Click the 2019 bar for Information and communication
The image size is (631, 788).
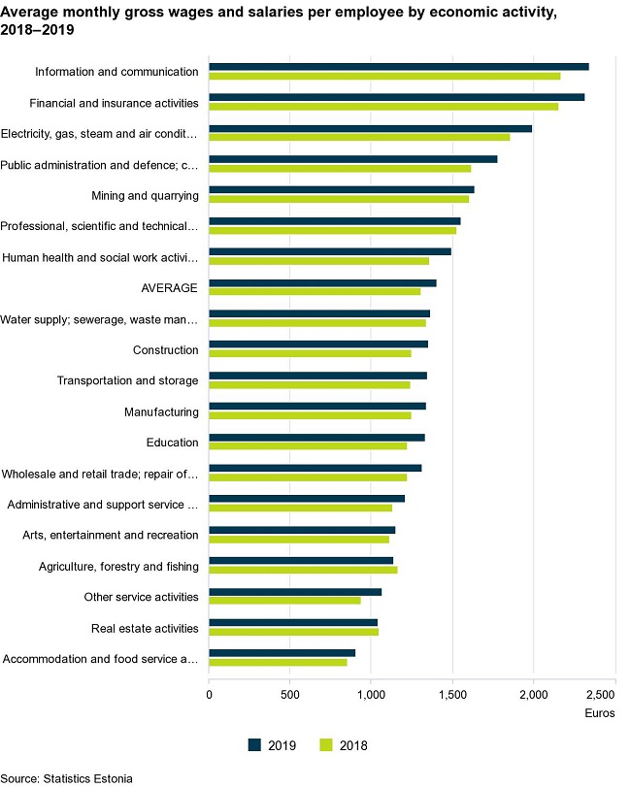pyautogui.click(x=398, y=66)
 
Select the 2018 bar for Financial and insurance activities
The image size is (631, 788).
pyautogui.click(x=383, y=107)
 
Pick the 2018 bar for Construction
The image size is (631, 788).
pyautogui.click(x=310, y=354)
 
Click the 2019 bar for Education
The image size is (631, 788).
pyautogui.click(x=316, y=438)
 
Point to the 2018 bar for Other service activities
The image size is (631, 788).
pyautogui.click(x=284, y=601)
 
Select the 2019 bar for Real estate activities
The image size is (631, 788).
pyautogui.click(x=293, y=622)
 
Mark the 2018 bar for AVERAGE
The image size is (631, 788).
pyautogui.click(x=315, y=292)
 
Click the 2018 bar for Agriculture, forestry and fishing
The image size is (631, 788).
pyautogui.click(x=303, y=570)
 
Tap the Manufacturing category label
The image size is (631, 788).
pyautogui.click(x=161, y=412)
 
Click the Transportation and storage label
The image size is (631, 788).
pyautogui.click(x=127, y=381)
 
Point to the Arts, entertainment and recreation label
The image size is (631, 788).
pyautogui.click(x=110, y=535)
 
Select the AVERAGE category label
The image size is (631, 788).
pyautogui.click(x=170, y=288)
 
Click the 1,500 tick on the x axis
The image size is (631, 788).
pyautogui.click(x=451, y=696)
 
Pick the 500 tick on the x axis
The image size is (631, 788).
pyautogui.click(x=289, y=696)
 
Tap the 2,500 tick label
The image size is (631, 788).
pyautogui.click(x=601, y=696)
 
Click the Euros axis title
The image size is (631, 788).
pyautogui.click(x=599, y=713)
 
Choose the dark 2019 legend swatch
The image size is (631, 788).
pyautogui.click(x=255, y=744)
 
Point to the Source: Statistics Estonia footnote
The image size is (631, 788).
pyautogui.click(x=66, y=778)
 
